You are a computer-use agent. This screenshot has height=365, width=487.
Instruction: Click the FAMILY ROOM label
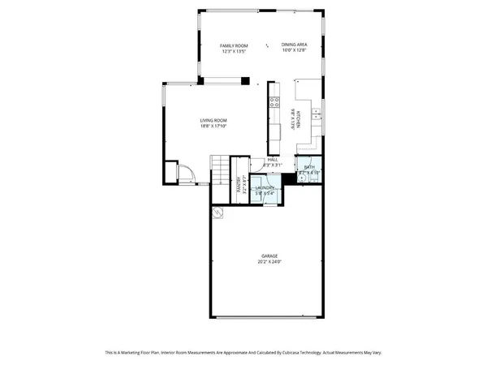[235, 45]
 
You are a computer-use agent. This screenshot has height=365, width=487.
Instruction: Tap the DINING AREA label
[295, 45]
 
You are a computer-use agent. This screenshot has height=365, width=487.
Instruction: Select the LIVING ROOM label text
[213, 121]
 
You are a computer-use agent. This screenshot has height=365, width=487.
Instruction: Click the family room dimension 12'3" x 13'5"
[235, 51]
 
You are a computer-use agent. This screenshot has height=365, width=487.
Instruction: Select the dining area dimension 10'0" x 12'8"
[295, 51]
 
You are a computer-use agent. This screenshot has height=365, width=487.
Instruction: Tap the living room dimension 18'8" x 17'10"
[213, 127]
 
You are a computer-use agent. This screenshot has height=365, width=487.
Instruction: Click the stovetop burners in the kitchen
[270, 105]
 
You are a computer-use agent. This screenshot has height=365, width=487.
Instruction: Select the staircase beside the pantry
[222, 171]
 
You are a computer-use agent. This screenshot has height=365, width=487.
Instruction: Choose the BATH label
[309, 167]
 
